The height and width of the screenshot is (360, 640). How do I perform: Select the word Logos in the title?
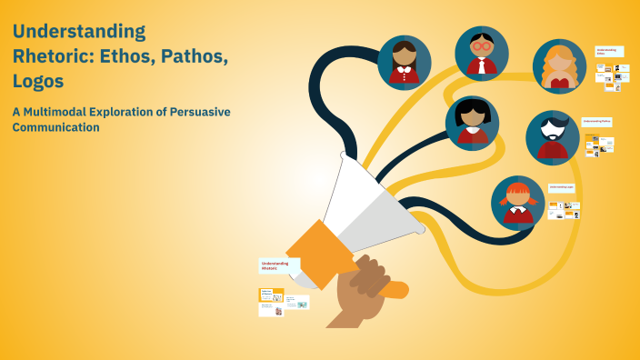point(37,81)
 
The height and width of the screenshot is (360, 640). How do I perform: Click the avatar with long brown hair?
point(405,62)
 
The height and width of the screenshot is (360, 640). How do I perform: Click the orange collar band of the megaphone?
point(317,252)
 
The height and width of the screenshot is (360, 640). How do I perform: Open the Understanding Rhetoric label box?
point(278,265)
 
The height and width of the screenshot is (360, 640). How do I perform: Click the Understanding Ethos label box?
point(608,52)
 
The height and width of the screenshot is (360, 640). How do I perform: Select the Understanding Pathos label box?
point(597,121)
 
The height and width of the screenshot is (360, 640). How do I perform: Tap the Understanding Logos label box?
point(561,187)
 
